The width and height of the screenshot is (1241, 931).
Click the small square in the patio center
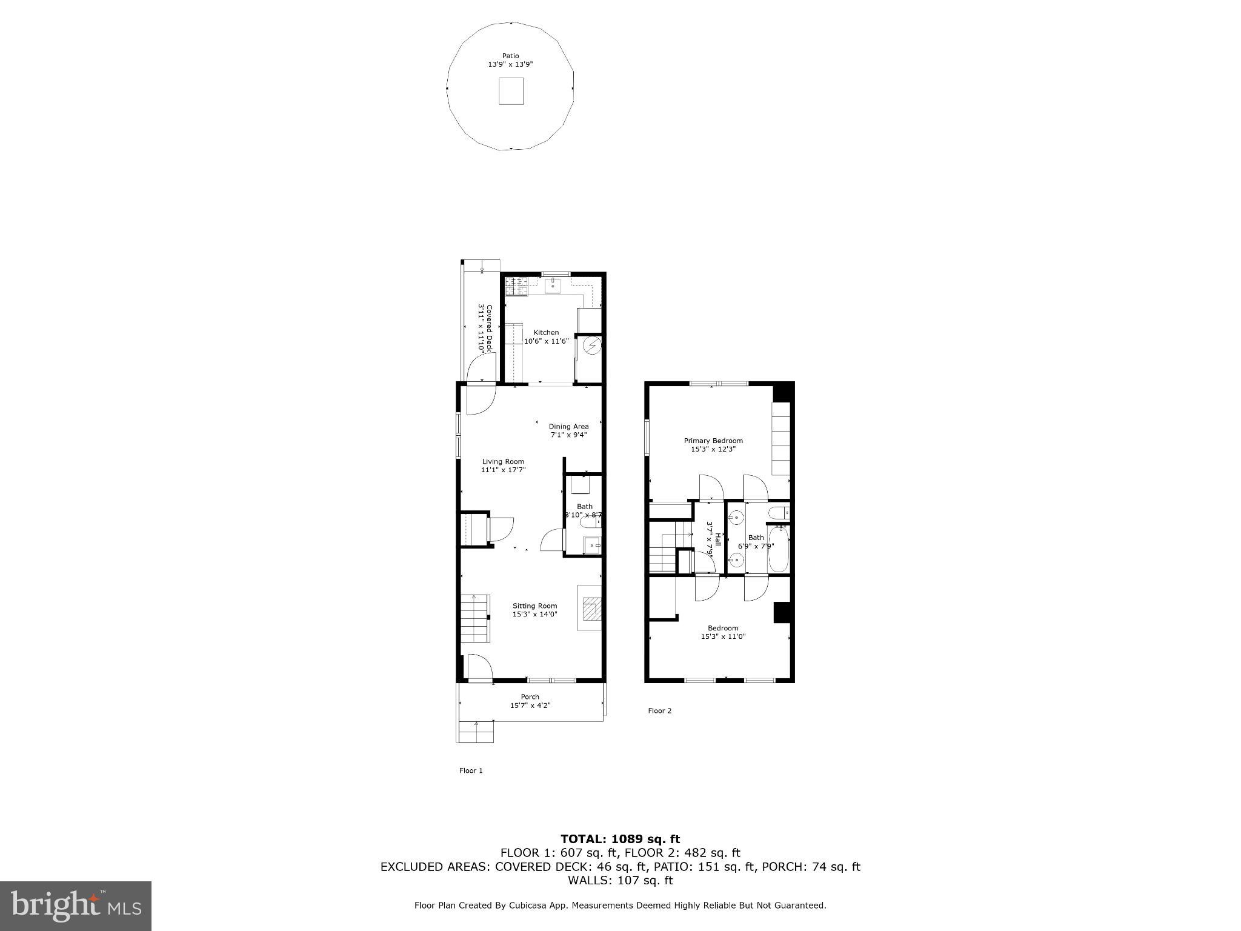511,91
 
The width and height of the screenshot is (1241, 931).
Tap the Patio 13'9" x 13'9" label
510,60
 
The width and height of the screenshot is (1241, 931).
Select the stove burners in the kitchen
516,287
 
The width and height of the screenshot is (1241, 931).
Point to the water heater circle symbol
591,346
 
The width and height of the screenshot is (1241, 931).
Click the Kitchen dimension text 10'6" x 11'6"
546,341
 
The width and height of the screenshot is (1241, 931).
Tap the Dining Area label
568,426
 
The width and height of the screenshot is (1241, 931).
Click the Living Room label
503,461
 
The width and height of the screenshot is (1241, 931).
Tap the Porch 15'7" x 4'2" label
530,701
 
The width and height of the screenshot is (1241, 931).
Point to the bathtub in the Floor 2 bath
778,549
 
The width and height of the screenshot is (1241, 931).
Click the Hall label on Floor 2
717,538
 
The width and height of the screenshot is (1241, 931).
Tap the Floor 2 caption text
659,710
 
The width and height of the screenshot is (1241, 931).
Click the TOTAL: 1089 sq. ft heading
620,839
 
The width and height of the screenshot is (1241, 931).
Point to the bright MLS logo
76,906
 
